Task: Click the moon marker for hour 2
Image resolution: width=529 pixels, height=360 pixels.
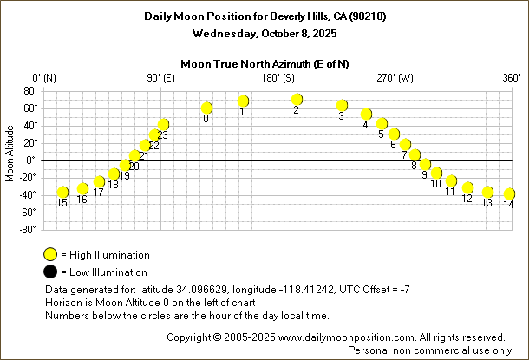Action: (297, 100)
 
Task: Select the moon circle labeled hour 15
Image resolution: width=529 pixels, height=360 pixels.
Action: (62, 192)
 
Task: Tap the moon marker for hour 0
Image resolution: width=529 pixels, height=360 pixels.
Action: (206, 108)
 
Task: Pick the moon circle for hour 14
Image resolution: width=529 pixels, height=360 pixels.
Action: (509, 193)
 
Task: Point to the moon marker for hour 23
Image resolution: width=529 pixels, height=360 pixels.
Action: (163, 125)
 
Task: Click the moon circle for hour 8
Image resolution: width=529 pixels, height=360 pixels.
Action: (415, 155)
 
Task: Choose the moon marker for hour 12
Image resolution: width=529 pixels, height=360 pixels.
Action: (467, 187)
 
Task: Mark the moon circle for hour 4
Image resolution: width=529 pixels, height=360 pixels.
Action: (366, 115)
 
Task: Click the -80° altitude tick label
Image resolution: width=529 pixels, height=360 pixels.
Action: (26, 230)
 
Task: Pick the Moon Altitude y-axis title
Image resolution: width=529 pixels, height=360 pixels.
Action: (10, 154)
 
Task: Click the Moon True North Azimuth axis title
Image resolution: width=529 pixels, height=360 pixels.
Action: (264, 63)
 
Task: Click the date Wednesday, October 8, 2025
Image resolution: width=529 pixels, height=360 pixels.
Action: (264, 33)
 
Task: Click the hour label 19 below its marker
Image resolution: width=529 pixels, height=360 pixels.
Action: (124, 176)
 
